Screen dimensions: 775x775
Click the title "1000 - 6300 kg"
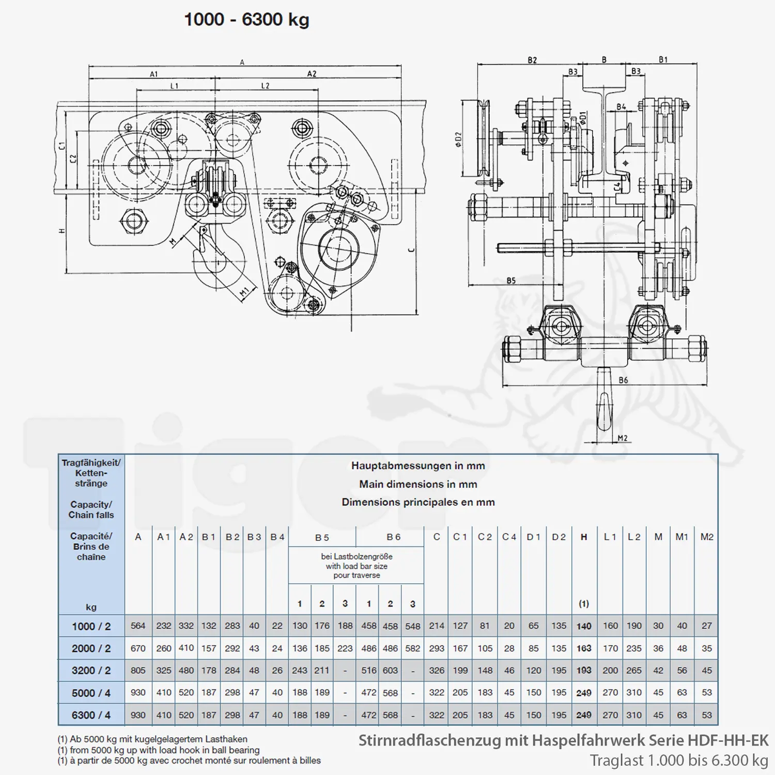click(246, 20)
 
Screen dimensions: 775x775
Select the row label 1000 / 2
click(91, 627)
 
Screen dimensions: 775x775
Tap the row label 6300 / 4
click(91, 715)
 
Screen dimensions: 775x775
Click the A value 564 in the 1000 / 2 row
click(138, 626)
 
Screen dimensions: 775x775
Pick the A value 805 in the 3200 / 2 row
click(138, 670)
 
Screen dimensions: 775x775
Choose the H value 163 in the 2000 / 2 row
click(584, 648)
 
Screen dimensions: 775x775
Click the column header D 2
click(559, 537)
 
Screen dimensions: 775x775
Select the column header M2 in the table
click(707, 537)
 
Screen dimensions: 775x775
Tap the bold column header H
click(584, 537)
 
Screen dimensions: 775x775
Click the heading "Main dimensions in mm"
click(418, 484)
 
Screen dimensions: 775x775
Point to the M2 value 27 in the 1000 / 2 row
click(707, 626)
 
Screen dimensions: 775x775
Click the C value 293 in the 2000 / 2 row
click(437, 648)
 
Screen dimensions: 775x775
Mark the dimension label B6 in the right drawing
click(624, 380)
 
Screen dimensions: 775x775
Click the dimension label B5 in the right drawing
click(510, 281)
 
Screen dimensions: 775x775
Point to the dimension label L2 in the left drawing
click(265, 86)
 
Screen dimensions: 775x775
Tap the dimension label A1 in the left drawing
click(153, 74)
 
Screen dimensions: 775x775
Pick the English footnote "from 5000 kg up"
click(159, 750)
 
